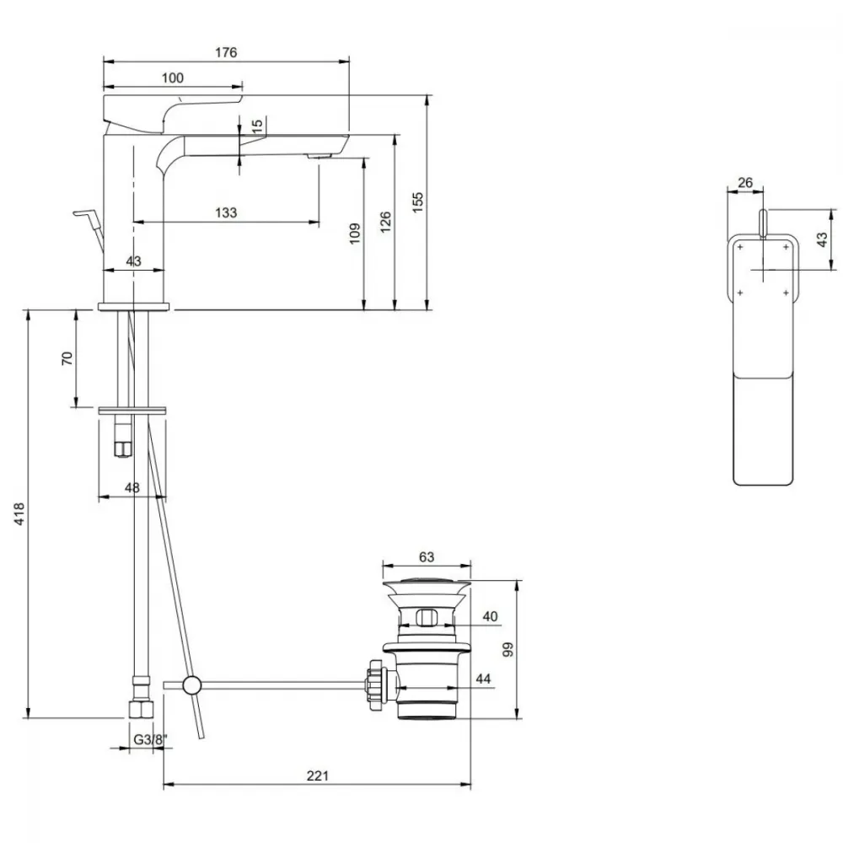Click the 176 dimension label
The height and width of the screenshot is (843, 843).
click(226, 52)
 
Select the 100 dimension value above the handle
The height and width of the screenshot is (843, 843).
click(173, 78)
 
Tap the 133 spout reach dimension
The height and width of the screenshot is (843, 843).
click(226, 212)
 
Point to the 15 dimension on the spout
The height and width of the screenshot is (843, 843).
click(257, 124)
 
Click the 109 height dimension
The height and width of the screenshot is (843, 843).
click(355, 234)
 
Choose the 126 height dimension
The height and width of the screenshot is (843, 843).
click(385, 222)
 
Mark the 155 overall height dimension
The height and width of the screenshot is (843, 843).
click(418, 202)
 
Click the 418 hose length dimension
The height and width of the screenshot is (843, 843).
click(19, 513)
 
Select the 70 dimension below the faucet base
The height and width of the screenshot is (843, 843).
click(67, 358)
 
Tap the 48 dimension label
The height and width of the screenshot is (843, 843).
click(132, 487)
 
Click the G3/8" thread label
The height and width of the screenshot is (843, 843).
click(150, 740)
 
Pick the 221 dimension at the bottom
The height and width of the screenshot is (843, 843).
click(317, 776)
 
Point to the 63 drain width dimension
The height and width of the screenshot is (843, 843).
click(427, 556)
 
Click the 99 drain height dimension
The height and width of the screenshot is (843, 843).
click(508, 649)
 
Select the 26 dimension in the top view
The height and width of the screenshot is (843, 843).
click(745, 183)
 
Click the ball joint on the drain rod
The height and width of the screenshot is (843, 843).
click(191, 685)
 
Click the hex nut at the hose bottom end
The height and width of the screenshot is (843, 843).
click(142, 709)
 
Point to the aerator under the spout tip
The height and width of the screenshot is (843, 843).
click(319, 157)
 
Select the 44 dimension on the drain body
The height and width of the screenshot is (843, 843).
click(483, 679)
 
